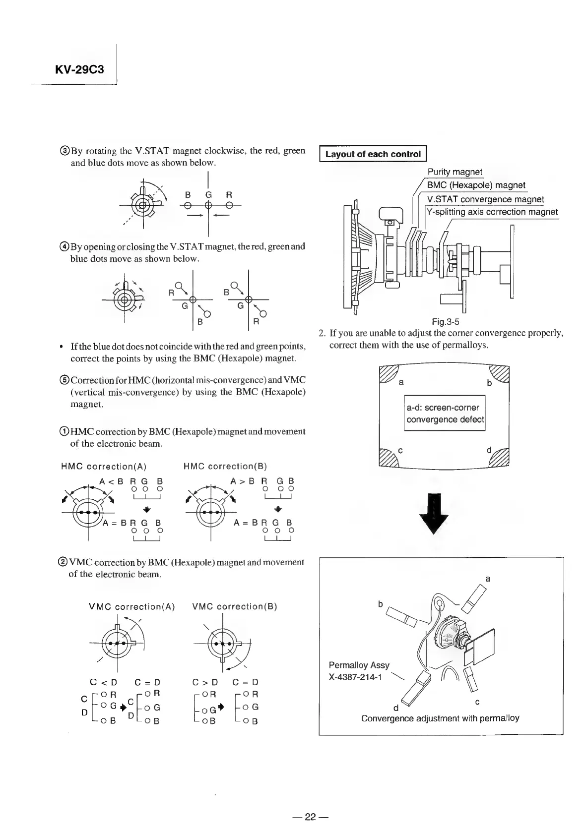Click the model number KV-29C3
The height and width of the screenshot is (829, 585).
[79, 69]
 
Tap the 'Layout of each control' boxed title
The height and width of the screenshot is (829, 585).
[373, 154]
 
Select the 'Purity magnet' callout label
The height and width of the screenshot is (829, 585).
[455, 172]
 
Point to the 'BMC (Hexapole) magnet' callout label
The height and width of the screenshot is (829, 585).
[476, 185]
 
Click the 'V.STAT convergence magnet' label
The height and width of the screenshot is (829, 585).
[485, 199]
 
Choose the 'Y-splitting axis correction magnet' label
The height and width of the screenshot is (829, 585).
[492, 212]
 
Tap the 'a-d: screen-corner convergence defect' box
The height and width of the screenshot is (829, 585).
[445, 414]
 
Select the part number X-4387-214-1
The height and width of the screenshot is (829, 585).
[355, 677]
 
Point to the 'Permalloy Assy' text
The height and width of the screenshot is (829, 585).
[359, 665]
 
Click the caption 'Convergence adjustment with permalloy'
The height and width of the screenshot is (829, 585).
[440, 718]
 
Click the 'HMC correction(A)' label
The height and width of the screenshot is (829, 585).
[103, 466]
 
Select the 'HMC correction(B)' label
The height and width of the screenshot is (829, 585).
[225, 466]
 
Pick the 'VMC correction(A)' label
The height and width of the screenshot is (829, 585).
[131, 606]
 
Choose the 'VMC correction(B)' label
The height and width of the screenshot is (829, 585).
[234, 606]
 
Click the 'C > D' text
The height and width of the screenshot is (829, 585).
[205, 682]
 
